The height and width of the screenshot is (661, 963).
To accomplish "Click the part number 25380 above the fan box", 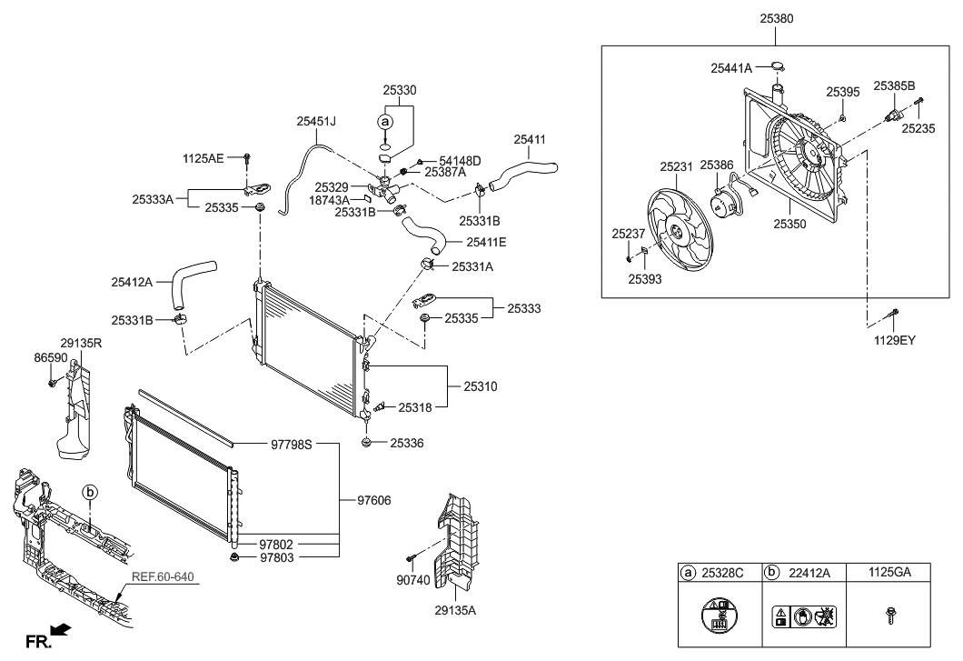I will tap(775, 18).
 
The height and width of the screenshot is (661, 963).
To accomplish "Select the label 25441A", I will tap(731, 67).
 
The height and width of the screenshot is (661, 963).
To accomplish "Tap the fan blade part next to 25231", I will tap(678, 231).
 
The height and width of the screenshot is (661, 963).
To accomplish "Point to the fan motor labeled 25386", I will tap(725, 202).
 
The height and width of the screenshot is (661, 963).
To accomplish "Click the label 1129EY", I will tap(895, 340).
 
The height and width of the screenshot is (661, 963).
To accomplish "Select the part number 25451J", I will tap(316, 120).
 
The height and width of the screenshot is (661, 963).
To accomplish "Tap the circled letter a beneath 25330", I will tap(385, 121).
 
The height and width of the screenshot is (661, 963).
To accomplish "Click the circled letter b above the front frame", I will tap(90, 492).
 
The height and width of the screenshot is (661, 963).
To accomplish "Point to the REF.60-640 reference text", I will tap(163, 576).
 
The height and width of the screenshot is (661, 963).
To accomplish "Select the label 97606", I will tap(375, 500).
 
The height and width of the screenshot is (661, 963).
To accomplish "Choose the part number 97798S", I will tap(291, 445).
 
